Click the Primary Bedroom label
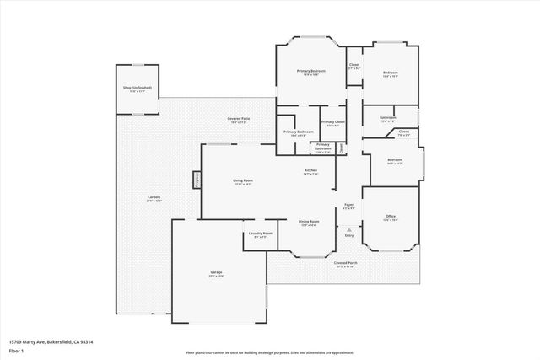click(311, 71)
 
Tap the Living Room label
click(243, 181)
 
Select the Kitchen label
click(310, 171)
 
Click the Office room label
click(390, 218)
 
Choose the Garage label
click(216, 273)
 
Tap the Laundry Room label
click(260, 234)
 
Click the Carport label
click(154, 198)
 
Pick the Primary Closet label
click(333, 124)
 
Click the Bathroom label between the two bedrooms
click(388, 118)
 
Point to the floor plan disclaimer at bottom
click(271, 352)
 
